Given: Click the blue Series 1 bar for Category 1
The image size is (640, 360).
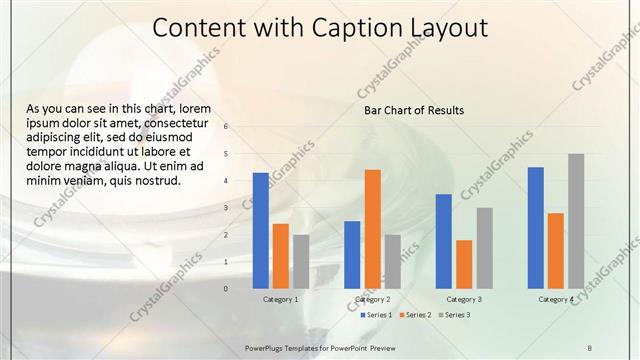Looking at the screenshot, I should [261, 230].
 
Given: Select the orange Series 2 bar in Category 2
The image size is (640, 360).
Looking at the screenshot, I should [372, 228].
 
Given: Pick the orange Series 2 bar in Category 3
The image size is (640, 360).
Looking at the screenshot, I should [464, 263].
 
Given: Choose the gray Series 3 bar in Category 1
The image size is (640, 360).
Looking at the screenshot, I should [301, 261].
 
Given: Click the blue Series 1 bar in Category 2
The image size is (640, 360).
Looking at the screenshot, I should [352, 254].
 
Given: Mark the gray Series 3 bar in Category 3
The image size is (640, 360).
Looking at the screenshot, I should [484, 247].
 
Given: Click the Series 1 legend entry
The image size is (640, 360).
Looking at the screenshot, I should [375, 315].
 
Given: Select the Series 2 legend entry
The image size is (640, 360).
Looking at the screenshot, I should [415, 315].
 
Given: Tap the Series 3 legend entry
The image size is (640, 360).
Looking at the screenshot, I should [455, 315].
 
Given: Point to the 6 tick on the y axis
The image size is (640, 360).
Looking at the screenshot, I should [227, 127].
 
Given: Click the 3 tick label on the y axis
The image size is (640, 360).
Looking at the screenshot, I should [227, 208].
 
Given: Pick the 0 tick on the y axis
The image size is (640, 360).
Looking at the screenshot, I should [227, 289].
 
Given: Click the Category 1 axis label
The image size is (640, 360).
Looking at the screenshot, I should [280, 299].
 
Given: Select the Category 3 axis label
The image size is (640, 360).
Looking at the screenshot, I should [464, 299].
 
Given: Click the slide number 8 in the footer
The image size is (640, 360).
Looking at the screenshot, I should [589, 347].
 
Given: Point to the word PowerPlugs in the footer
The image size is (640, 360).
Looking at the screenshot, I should [265, 347].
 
